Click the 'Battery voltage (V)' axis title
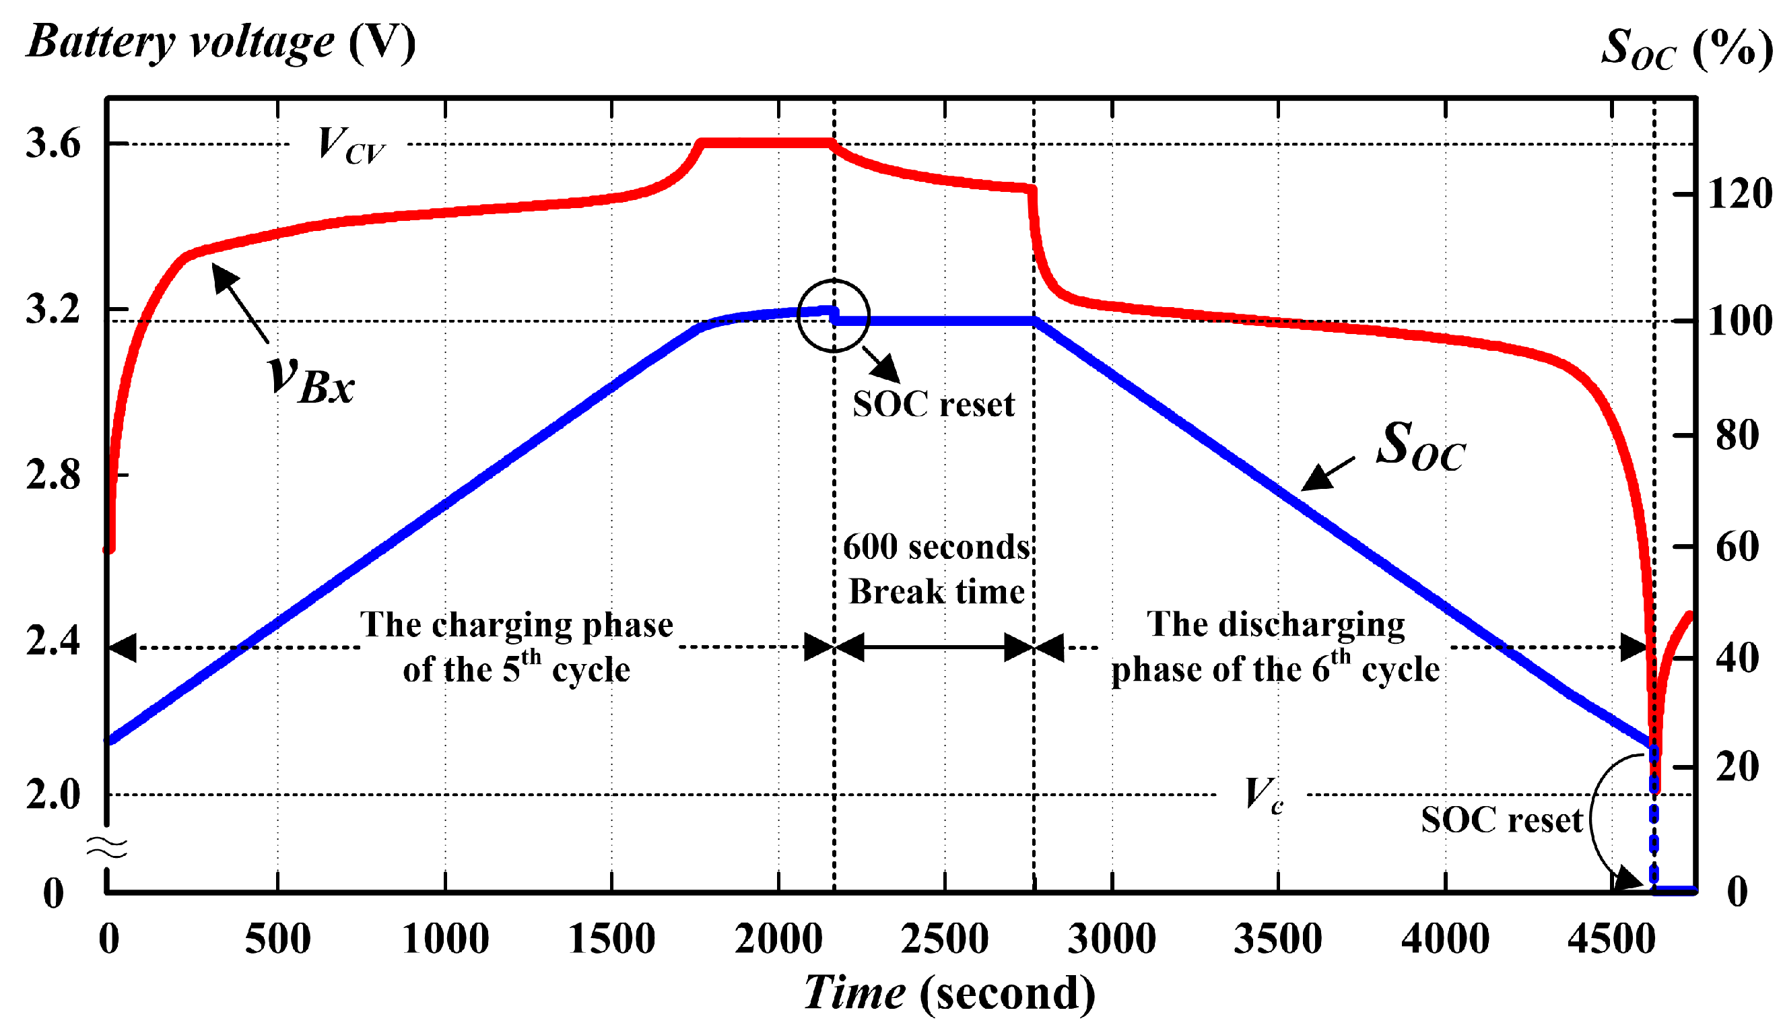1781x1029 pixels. [221, 42]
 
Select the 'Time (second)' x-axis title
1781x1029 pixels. [949, 993]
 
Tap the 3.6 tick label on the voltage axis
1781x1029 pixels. [53, 144]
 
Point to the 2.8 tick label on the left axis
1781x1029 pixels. [53, 475]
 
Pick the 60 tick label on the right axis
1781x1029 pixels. [1737, 547]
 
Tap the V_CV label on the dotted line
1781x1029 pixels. [350, 145]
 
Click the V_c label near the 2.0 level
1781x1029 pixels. [1263, 795]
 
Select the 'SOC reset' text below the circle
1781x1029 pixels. [933, 405]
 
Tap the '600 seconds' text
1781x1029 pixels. [936, 547]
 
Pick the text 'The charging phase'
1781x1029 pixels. [516, 625]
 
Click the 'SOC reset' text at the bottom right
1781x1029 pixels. [1502, 820]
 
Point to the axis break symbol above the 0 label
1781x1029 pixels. [106, 847]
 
